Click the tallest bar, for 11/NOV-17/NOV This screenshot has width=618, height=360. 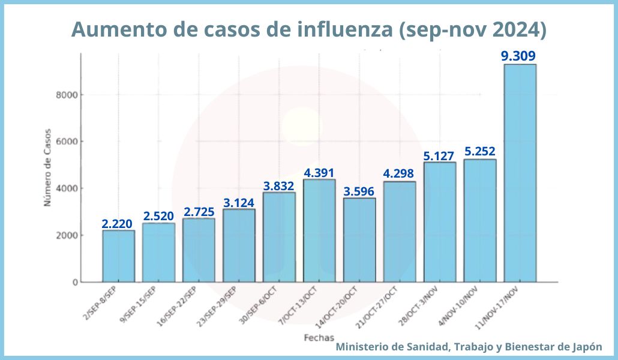click(x=520, y=173)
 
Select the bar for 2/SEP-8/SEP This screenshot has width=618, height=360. click(x=118, y=256)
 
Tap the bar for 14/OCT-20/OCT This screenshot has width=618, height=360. click(x=359, y=240)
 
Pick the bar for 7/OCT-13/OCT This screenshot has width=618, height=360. click(x=319, y=230)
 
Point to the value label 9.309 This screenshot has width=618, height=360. click(x=518, y=56)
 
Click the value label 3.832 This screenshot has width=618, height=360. click(x=279, y=185)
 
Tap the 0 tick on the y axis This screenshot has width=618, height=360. click(x=75, y=282)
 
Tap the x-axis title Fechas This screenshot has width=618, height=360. click(x=319, y=337)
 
